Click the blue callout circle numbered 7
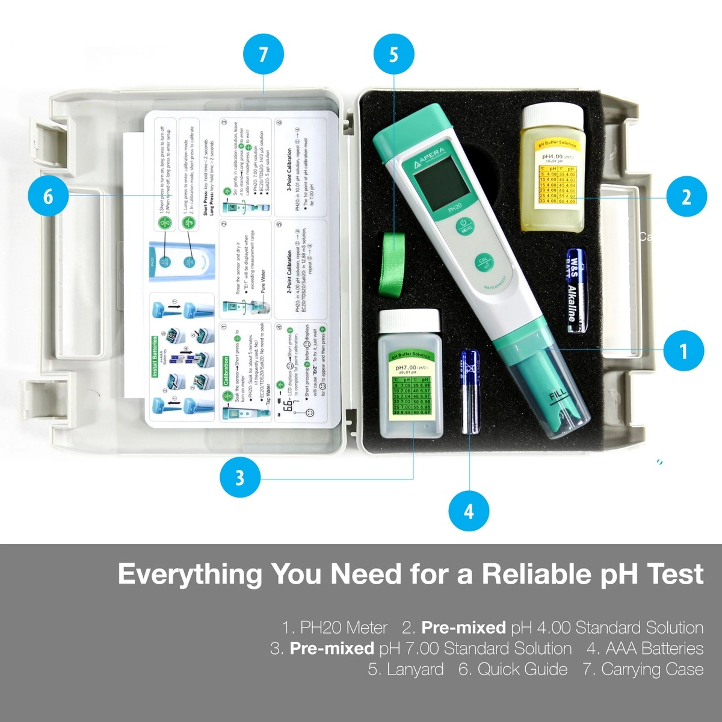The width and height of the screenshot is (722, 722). point(263,55)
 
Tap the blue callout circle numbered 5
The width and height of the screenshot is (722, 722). point(393,55)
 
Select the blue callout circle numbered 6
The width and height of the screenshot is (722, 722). point(48,196)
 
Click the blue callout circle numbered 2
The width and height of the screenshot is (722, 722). point(687,197)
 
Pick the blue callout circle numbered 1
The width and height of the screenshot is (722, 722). point(683,350)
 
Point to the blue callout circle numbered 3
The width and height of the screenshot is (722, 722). point(239,478)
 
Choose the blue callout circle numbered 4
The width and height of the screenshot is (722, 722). point(469,511)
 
